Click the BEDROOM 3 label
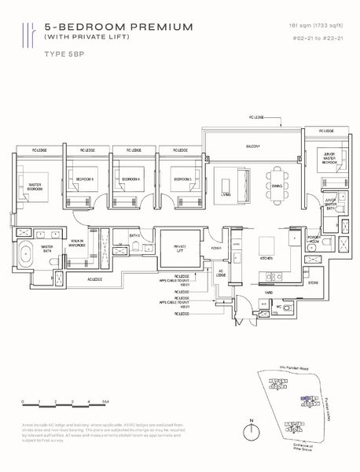click(84, 179)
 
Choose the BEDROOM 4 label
click(130, 179)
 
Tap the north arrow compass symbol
click(250, 433)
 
